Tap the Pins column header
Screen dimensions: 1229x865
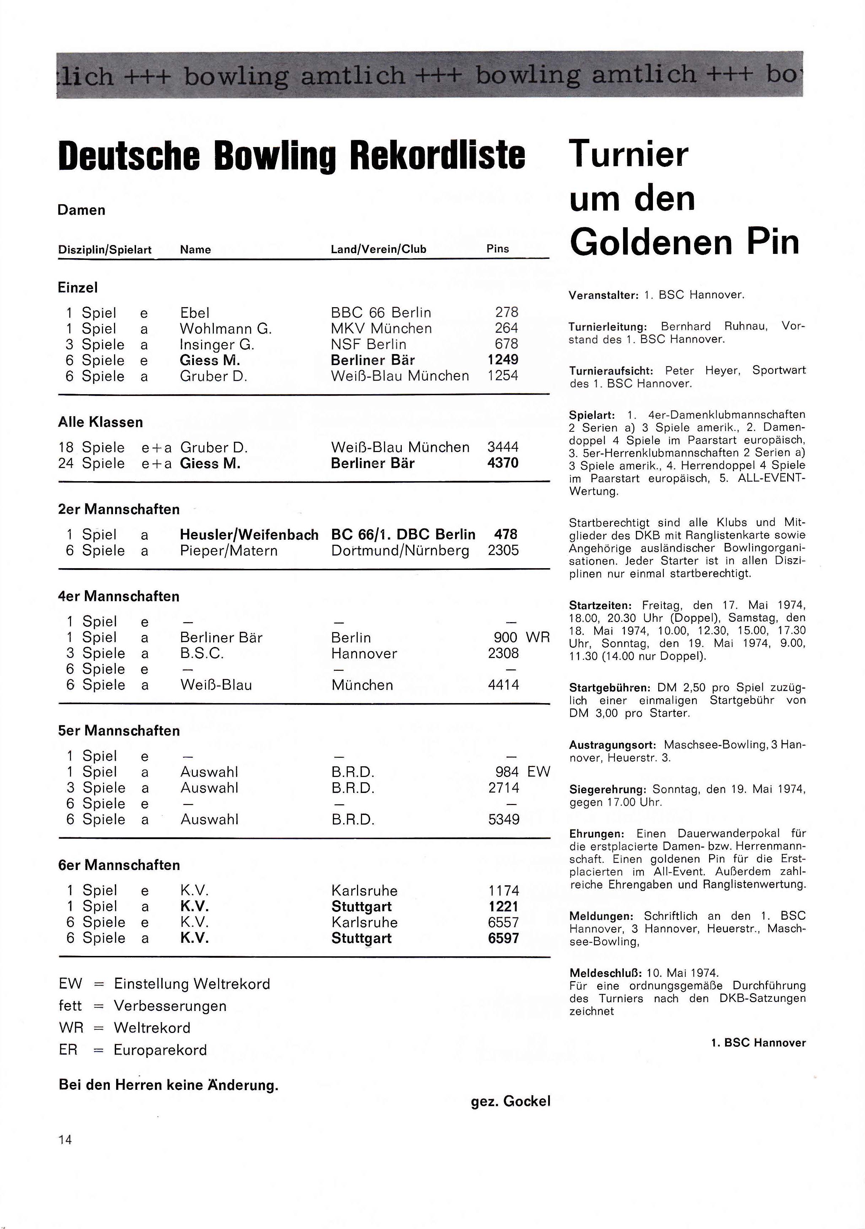point(498,249)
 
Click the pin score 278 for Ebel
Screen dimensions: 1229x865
point(506,312)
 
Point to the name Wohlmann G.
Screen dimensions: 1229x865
point(226,328)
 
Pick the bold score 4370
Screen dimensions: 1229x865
point(503,463)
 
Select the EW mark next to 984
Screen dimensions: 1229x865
point(539,772)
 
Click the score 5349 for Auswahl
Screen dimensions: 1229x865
point(503,820)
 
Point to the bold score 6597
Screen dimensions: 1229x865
point(503,938)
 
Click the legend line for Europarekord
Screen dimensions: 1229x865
point(133,1050)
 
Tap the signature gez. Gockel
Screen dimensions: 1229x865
point(510,1102)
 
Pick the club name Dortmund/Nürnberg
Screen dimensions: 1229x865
point(400,551)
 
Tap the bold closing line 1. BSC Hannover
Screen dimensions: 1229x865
point(758,1043)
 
